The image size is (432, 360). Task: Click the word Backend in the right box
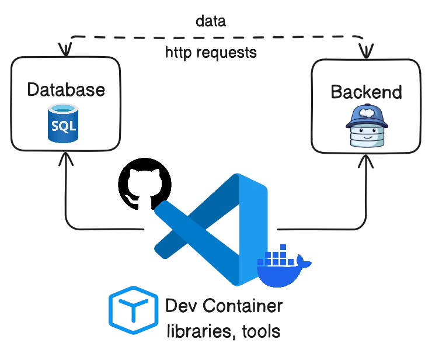point(366,92)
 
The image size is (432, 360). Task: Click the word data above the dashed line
point(211,22)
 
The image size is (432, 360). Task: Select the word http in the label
point(179,53)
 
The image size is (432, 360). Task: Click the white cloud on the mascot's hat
point(366,110)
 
